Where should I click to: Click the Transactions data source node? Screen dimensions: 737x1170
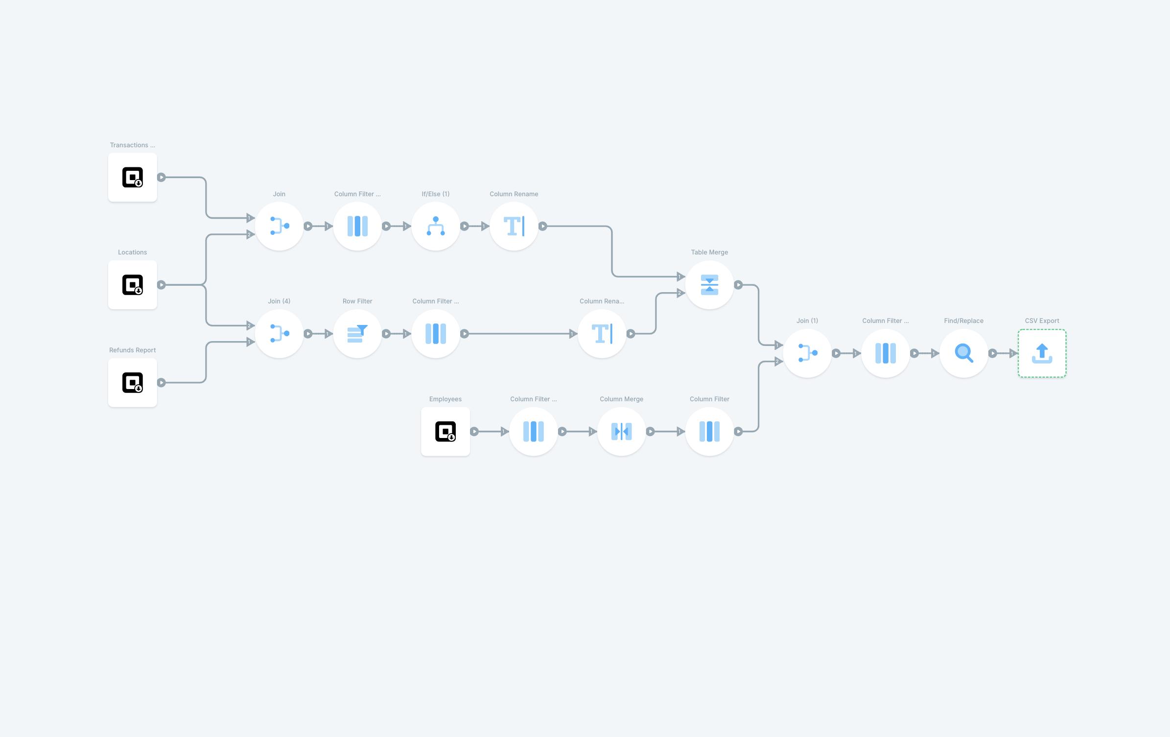(132, 177)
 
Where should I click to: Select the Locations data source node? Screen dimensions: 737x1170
(132, 285)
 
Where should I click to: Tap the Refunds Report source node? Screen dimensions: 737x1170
(132, 383)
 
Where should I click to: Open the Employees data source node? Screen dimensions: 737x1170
(445, 432)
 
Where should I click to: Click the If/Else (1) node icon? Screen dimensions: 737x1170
(435, 226)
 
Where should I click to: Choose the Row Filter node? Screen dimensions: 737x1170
(357, 334)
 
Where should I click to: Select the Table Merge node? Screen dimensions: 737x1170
(709, 285)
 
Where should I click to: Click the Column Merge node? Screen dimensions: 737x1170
(621, 432)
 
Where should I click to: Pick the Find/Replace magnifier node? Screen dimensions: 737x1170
(963, 353)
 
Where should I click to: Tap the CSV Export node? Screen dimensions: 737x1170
(1042, 353)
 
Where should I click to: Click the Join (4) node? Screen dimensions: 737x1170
(279, 334)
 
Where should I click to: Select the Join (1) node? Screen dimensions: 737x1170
(807, 353)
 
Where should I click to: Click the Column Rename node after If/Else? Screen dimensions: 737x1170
(514, 226)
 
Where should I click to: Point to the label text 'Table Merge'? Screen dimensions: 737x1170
(709, 253)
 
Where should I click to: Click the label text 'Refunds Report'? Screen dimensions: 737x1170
(132, 350)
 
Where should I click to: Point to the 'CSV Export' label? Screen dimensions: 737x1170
(1042, 321)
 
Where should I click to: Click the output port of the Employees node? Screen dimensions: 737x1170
(474, 432)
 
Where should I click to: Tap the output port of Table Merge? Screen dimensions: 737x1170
(738, 285)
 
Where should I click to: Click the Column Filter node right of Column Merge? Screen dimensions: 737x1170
(709, 432)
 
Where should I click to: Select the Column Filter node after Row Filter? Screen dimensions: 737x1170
(435, 334)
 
